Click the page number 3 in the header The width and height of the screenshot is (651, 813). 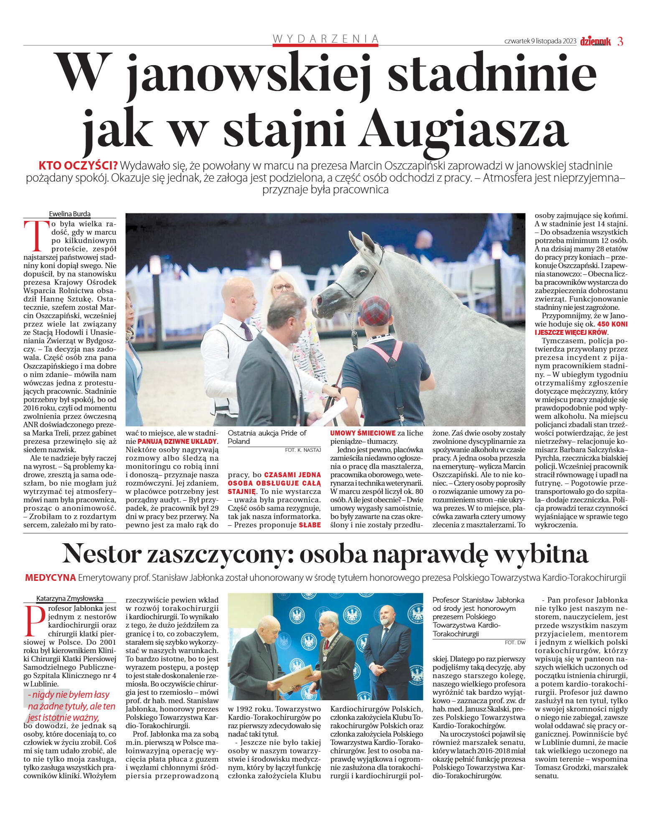tap(620, 41)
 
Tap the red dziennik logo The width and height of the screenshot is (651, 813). tap(595, 41)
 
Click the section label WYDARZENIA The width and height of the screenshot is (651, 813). tap(325, 39)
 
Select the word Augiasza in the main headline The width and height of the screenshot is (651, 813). tap(463, 130)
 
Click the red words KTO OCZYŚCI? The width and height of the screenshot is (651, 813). tap(78, 165)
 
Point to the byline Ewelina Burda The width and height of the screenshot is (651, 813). tap(69, 214)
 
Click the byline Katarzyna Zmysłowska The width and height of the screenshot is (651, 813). tap(69, 598)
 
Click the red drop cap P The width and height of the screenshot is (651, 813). tap(35, 620)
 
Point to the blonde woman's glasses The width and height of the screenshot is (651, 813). tap(283, 288)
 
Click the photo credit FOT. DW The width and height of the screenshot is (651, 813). tap(515, 642)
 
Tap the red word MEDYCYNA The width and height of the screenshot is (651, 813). tap(50, 578)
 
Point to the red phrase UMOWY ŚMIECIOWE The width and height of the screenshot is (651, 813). tap(363, 433)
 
